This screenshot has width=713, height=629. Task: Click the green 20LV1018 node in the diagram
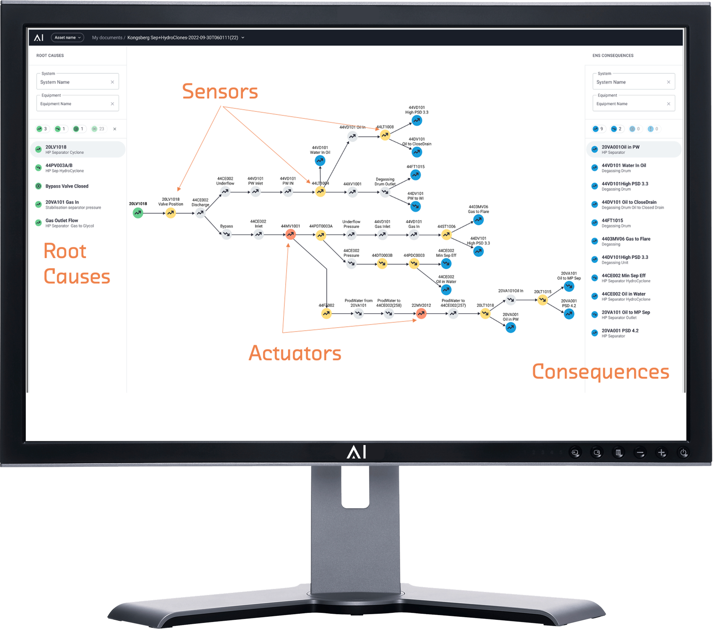[138, 213]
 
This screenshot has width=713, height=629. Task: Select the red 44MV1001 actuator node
[290, 235]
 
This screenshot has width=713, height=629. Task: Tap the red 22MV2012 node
[421, 313]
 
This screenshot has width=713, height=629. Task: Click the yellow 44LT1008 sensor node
[384, 135]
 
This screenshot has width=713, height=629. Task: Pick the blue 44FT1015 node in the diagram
[415, 175]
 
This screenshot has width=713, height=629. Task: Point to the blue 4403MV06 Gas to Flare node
[478, 220]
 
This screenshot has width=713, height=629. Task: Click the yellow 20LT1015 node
[542, 300]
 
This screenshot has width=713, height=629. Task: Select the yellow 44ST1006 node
[446, 235]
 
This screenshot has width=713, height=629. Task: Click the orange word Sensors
[220, 92]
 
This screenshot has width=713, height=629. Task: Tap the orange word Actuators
[295, 353]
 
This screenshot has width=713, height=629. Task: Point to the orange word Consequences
[600, 372]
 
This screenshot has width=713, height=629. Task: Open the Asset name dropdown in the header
[67, 38]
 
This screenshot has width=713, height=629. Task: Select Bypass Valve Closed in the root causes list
[67, 186]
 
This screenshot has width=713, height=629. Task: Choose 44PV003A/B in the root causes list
[59, 166]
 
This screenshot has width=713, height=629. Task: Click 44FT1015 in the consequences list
[612, 221]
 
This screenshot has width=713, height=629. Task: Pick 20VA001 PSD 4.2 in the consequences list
[620, 331]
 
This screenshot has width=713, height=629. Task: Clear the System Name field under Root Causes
[112, 82]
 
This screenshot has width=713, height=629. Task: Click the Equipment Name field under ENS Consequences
[629, 104]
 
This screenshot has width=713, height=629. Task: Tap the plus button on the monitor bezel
[661, 453]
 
